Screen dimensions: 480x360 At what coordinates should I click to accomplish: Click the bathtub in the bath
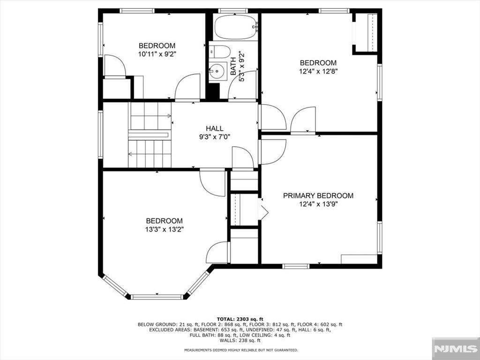click(235, 27)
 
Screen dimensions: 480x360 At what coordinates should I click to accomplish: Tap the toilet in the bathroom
click(219, 52)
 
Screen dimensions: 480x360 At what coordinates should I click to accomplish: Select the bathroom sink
click(218, 71)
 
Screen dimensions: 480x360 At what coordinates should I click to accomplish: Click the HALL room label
click(214, 128)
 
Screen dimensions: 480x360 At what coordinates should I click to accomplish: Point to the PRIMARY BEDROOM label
click(318, 195)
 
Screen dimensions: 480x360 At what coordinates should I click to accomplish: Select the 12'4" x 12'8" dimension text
click(318, 71)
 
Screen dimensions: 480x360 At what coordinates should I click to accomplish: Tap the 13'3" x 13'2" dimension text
click(164, 229)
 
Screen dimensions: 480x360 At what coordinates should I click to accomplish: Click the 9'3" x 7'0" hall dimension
click(214, 137)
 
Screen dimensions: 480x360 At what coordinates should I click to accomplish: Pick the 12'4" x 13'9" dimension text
click(318, 204)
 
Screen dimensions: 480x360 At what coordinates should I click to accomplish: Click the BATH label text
click(233, 67)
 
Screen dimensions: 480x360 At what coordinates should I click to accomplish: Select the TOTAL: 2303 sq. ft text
click(240, 319)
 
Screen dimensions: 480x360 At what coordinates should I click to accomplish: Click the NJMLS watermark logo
click(456, 349)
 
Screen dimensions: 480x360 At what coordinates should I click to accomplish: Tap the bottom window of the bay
click(157, 297)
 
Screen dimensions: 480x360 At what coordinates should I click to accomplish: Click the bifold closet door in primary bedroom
click(263, 209)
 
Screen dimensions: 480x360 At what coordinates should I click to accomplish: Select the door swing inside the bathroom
click(242, 85)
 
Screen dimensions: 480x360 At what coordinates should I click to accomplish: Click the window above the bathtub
click(233, 11)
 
